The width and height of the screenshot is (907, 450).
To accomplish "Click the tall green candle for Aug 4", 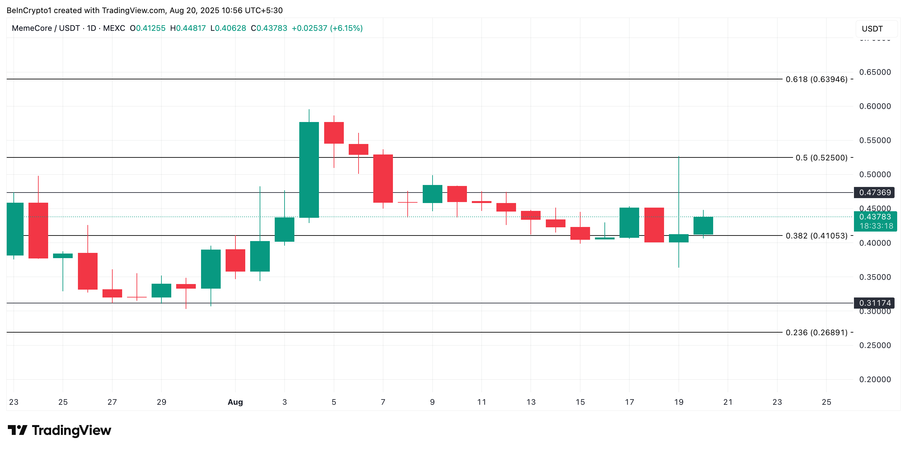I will pos(309,170).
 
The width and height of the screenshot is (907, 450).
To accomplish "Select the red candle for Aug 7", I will pos(383,178).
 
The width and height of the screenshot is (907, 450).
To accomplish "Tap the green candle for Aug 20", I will pos(703,225).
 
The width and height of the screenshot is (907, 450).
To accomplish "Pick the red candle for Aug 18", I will pos(654,225).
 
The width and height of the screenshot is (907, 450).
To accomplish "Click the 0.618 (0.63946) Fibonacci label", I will pos(816,79).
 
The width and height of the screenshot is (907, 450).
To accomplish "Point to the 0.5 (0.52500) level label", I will pos(821,158).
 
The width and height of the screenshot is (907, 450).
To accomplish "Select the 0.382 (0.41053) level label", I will pos(816,235).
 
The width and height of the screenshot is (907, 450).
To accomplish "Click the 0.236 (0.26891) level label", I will pos(816,332).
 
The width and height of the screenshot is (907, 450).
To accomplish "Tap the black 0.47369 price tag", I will pos(875,193).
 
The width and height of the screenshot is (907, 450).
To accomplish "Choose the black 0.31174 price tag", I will pos(875,303).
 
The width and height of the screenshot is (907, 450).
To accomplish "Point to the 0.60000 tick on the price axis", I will pos(875,106).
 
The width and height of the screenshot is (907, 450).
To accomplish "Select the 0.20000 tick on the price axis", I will pos(875,379).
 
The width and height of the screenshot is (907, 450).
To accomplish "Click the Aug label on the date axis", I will pos(235,402).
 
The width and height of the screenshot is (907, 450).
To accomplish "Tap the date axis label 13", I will pos(530,402).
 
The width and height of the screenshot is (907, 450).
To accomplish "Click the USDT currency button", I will pos(876,29).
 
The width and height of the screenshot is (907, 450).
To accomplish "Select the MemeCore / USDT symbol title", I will pos(46,28).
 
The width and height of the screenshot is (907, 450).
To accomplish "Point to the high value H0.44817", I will pos(188,28).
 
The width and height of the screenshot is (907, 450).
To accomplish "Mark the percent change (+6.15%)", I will pos(346,28).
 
